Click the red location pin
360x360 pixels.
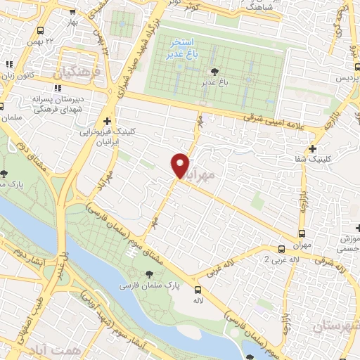[x=181, y=165]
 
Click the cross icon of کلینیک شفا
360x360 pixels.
[x=312, y=148]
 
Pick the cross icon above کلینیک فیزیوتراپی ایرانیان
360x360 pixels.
[x=107, y=121]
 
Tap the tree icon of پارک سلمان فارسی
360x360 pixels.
[x=148, y=274]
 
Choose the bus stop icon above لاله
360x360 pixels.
[x=198, y=289]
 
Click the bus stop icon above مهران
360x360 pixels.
[x=302, y=233]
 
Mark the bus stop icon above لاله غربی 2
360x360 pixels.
[x=281, y=248]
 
